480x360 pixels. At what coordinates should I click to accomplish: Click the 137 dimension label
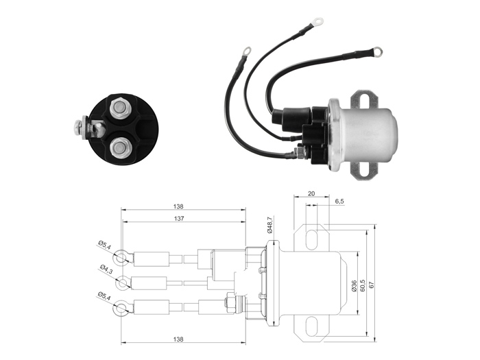pyautogui.click(x=179, y=219)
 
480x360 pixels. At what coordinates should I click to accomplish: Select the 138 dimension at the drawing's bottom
pyautogui.click(x=178, y=339)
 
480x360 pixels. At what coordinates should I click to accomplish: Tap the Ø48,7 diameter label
pyautogui.click(x=269, y=225)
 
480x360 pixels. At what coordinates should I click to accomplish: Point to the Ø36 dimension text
pyautogui.click(x=355, y=285)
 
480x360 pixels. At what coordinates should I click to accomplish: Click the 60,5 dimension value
pyautogui.click(x=363, y=285)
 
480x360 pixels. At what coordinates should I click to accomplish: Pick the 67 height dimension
pyautogui.click(x=372, y=285)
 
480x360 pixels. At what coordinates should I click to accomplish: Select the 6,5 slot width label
pyautogui.click(x=339, y=201)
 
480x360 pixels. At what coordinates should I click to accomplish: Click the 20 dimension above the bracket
pyautogui.click(x=311, y=193)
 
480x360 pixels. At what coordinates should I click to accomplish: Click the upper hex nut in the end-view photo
pyautogui.click(x=119, y=107)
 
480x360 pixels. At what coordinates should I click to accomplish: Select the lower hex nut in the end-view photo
pyautogui.click(x=119, y=149)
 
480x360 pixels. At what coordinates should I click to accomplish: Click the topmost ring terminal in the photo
pyautogui.click(x=317, y=21)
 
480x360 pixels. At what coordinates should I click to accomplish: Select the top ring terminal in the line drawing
pyautogui.click(x=123, y=258)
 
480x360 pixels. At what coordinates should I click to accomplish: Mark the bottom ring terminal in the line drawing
pyautogui.click(x=123, y=308)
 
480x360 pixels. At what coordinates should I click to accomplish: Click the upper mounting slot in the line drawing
pyautogui.click(x=311, y=238)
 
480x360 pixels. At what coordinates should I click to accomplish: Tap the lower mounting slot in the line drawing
pyautogui.click(x=311, y=325)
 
